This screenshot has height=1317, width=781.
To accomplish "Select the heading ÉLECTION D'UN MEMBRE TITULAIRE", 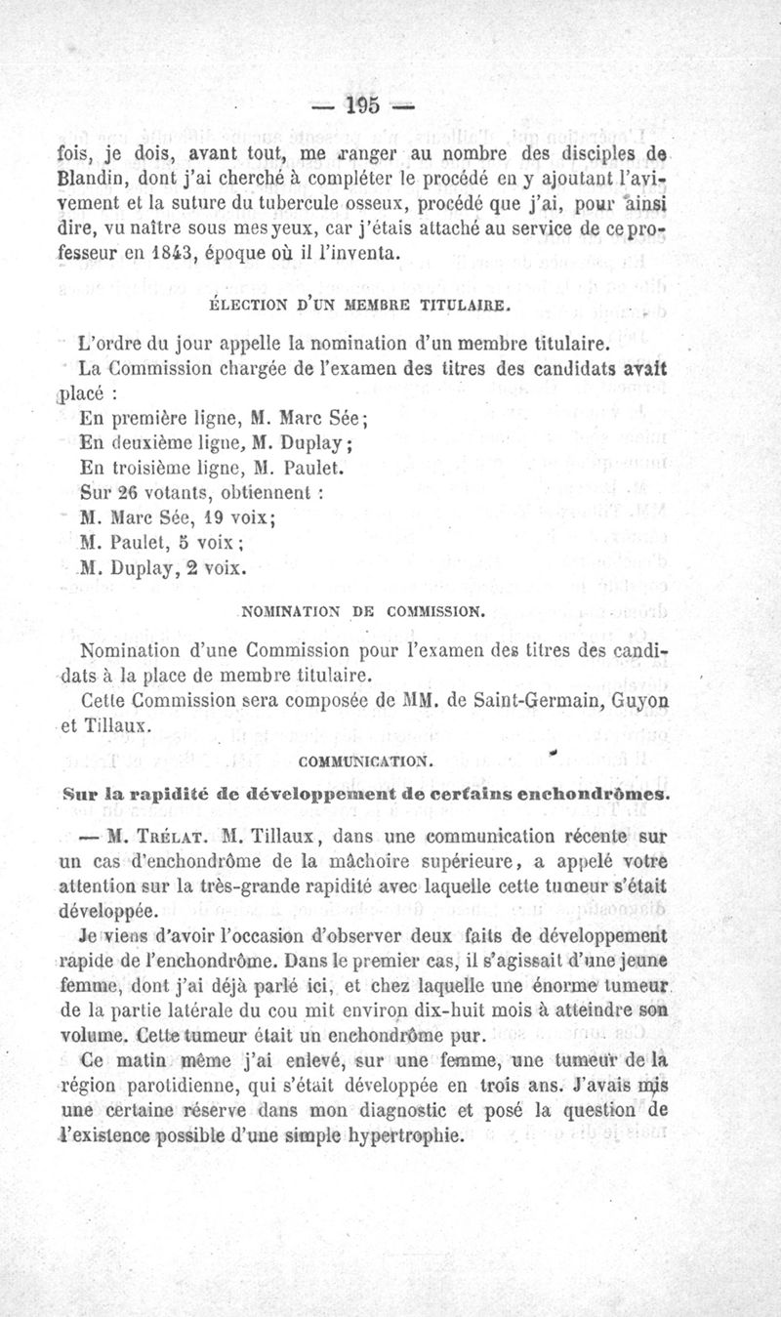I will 360,307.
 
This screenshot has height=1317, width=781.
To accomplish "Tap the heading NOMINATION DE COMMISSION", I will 361,613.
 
